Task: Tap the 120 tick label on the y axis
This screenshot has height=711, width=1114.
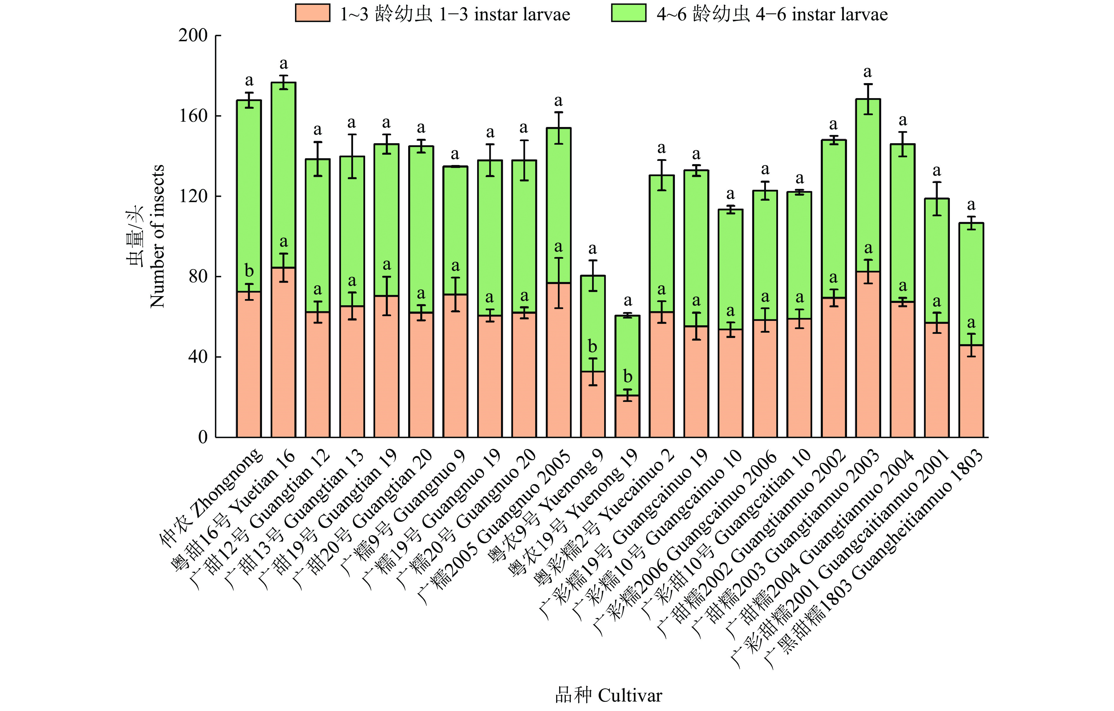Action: pyautogui.click(x=193, y=196)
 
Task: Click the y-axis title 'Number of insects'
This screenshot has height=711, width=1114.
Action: pyautogui.click(x=157, y=236)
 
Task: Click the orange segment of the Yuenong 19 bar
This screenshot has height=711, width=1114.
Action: pyautogui.click(x=627, y=416)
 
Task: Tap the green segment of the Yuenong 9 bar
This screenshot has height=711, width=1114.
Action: pyautogui.click(x=593, y=324)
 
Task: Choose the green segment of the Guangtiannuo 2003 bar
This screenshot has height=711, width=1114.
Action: pyautogui.click(x=868, y=185)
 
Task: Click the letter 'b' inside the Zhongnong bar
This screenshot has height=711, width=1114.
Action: pyautogui.click(x=249, y=270)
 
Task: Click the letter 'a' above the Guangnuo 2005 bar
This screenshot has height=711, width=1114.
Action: pyautogui.click(x=558, y=101)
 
